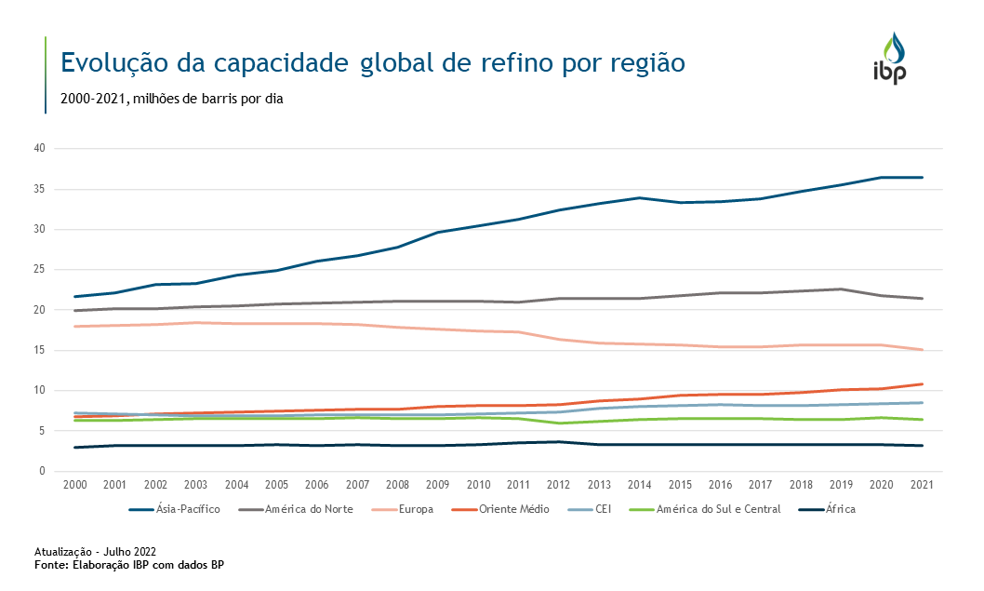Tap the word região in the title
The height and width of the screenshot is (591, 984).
(646, 63)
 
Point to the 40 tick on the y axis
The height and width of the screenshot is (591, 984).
(39, 149)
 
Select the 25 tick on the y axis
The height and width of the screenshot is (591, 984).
(39, 270)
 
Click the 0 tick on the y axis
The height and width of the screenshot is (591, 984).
(42, 472)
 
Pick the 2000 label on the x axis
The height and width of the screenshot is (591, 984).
(73, 485)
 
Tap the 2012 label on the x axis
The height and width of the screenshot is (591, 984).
(557, 485)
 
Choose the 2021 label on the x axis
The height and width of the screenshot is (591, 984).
(921, 485)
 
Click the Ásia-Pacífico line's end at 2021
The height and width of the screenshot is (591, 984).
(922, 177)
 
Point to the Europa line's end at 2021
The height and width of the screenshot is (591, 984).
(922, 350)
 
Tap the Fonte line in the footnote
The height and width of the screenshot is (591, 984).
(129, 564)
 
